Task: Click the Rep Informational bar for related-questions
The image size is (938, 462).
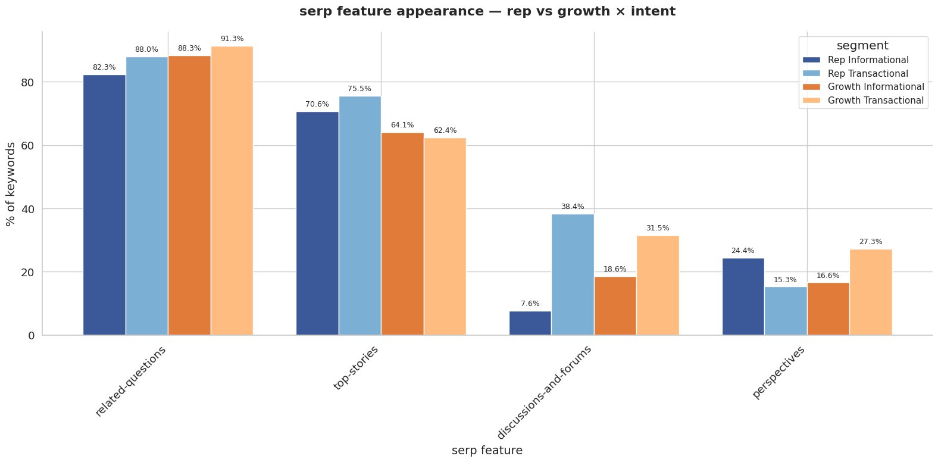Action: coord(104,205)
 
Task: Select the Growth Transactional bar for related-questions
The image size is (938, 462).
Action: coord(232,191)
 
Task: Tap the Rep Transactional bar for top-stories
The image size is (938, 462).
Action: coord(359,216)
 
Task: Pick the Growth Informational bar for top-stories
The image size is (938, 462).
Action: coord(402,234)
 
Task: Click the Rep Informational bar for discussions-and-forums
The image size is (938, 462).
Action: coord(530,323)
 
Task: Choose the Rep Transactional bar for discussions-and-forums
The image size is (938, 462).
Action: coord(573,274)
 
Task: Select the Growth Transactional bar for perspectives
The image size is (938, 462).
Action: coord(871,292)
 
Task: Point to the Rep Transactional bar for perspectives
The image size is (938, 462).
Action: coord(786,311)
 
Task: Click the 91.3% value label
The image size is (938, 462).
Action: coord(232,39)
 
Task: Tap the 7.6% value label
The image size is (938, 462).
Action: coord(530,304)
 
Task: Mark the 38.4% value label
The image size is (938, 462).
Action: coord(573,207)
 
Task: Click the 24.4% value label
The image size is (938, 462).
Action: coord(743,251)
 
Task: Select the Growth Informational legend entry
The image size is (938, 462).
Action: coord(876,87)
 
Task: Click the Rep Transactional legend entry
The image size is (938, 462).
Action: coord(868,74)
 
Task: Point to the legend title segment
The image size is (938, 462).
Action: coord(862,46)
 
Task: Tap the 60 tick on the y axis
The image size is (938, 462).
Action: coord(28,146)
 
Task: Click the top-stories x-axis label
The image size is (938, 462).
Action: coord(356,367)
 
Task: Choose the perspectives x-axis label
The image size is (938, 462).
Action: coord(778,373)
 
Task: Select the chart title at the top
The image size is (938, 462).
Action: coord(487,11)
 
